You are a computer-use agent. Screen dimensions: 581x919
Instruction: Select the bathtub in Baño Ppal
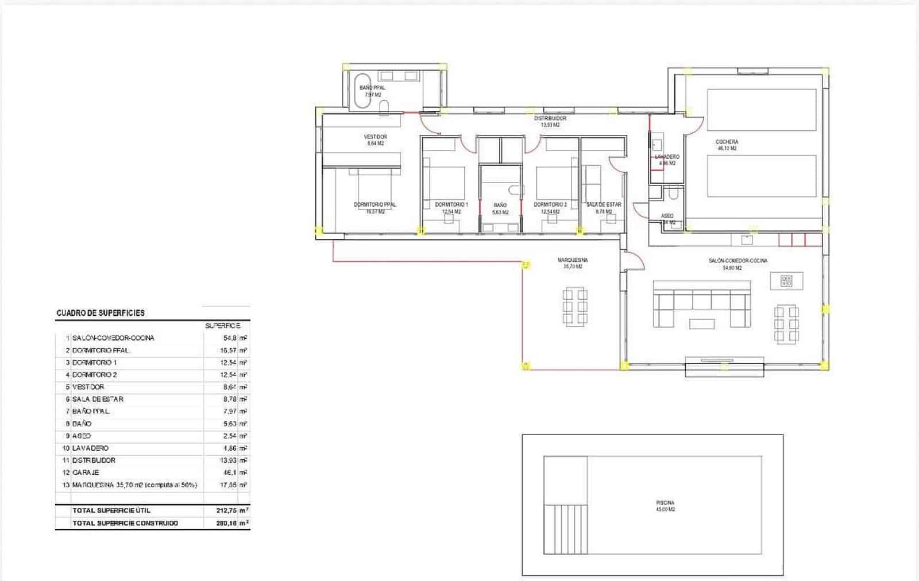[362, 91]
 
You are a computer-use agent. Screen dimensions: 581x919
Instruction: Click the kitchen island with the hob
[786, 281]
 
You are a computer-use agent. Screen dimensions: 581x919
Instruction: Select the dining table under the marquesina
[575, 308]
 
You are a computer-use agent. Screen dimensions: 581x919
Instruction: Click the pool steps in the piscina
[566, 529]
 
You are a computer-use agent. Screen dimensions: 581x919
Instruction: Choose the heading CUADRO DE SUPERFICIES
[101, 313]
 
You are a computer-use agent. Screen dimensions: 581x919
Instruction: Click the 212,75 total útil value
[225, 510]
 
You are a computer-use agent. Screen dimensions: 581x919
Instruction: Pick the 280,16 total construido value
[225, 523]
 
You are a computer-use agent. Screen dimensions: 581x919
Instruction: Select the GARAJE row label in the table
[86, 472]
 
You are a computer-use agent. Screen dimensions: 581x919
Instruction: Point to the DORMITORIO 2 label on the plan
[550, 205]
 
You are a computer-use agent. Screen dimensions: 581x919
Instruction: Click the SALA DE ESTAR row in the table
[98, 399]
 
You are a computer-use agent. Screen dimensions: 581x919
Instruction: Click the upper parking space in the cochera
[761, 110]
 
